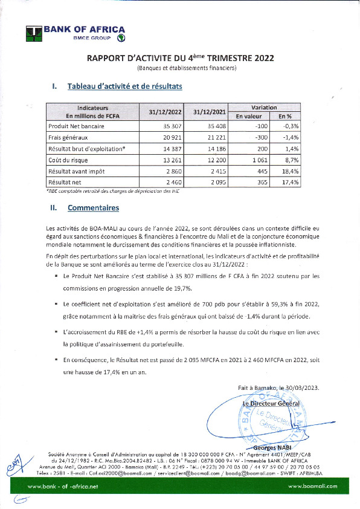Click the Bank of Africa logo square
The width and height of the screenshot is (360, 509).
tap(33, 33)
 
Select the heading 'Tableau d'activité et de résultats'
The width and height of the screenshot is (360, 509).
tap(125, 86)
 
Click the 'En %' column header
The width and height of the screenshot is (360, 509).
tap(284, 115)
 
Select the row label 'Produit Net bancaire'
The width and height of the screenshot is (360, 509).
tap(76, 126)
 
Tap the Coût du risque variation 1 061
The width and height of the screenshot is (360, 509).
tap(249, 160)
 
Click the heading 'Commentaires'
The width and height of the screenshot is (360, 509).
tap(93, 207)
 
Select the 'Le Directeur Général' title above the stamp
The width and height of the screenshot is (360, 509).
tap(271, 403)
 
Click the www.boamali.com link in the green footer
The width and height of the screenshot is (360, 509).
tap(313, 486)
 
